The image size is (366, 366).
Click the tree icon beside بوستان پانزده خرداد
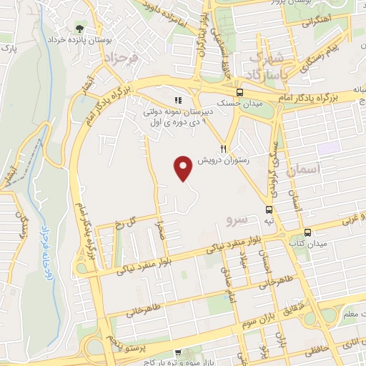coord(77,29)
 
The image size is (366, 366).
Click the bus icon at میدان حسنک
coord(239,92)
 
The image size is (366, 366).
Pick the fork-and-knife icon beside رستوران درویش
coord(223,148)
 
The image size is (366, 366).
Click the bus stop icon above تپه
coord(269,209)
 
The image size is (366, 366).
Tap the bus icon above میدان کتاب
coord(307,232)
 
